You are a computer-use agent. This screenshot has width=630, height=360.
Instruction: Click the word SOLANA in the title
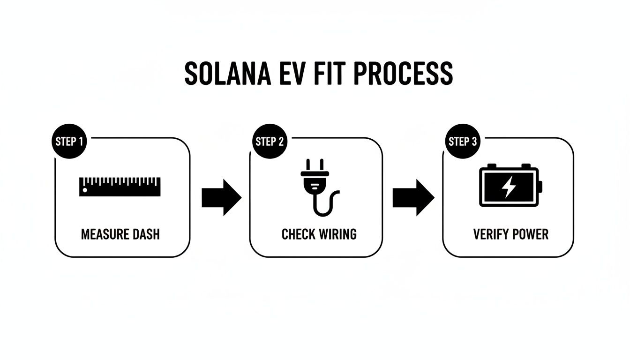point(227,73)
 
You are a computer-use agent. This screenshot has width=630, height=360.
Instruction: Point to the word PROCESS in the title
point(403,73)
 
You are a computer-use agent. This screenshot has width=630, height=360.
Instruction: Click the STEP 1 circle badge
point(69,141)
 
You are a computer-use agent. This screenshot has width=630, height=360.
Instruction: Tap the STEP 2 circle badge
point(270,141)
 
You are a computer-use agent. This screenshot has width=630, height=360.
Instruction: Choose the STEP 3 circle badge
point(463,141)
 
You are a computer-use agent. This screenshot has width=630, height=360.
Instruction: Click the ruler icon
point(120,187)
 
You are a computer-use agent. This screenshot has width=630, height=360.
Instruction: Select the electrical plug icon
point(320,187)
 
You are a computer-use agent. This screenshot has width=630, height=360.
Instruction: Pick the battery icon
point(510,185)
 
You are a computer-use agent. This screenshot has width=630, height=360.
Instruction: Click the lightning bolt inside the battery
point(509,187)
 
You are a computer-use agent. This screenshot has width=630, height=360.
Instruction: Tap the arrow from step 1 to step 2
point(222,197)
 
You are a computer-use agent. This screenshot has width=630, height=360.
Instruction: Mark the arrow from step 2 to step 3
point(413,197)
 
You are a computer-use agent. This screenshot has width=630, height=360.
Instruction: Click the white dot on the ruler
point(85,190)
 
